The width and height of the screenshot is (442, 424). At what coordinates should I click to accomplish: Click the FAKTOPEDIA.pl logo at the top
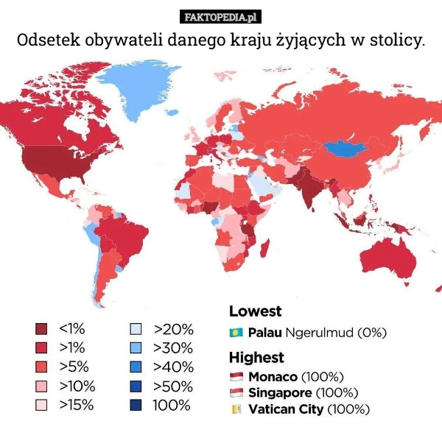pos(221,15)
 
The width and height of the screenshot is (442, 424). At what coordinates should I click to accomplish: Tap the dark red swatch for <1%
pos(41,328)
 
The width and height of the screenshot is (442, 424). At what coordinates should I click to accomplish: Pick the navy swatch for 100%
pos(136,405)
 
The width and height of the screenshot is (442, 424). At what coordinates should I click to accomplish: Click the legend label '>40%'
pos(173,367)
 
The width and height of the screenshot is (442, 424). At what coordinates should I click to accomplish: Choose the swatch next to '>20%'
pos(136,328)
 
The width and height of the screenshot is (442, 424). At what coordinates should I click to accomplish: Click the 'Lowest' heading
pos(255,311)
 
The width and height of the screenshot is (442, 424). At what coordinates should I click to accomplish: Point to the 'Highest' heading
pos(256,358)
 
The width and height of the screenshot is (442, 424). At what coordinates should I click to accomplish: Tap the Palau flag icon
pos(236,332)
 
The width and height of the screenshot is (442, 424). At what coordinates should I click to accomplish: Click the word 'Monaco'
pos(272,377)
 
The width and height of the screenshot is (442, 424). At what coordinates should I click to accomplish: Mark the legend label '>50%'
pos(173,386)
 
